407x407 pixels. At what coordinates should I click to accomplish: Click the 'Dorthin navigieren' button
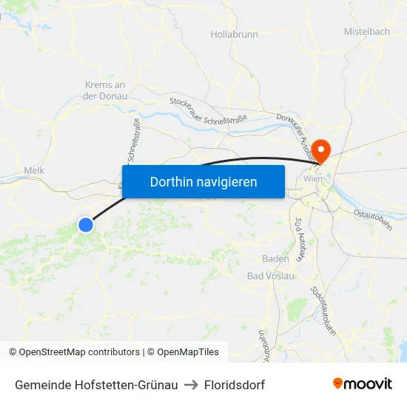click(203, 181)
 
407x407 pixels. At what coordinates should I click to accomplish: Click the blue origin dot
click(86, 224)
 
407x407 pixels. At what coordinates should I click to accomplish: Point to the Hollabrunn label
click(234, 34)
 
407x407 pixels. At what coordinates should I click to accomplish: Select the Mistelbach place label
click(366, 32)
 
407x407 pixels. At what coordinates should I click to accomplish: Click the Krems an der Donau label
click(104, 90)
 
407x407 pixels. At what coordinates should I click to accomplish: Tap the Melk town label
click(35, 170)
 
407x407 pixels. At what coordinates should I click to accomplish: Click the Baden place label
click(275, 259)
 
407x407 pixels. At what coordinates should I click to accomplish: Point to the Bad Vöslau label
click(270, 276)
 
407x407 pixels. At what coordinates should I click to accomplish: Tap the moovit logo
click(363, 384)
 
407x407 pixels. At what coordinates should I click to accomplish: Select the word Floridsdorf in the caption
click(235, 385)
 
